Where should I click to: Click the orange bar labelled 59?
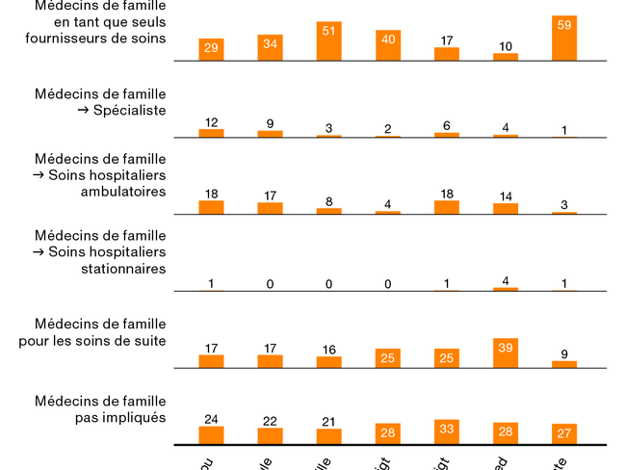pos(564,39)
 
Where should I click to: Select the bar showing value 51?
pos(328,42)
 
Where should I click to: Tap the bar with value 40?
pos(388,45)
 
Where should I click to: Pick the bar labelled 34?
pos(270,48)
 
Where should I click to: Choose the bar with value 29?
pos(211,50)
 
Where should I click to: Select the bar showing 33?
pos(447,431)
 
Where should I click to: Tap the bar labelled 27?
pos(564,433)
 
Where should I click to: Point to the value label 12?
pos(211,122)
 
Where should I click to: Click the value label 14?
pos(506,196)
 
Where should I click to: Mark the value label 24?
pos(211,419)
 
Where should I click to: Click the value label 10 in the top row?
pos(506,46)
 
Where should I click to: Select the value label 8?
pos(328,201)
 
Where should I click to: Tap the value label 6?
pos(447,126)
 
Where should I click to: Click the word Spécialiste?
pos(129,111)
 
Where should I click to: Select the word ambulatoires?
pos(123,192)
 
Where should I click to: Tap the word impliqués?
pos(134,418)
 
